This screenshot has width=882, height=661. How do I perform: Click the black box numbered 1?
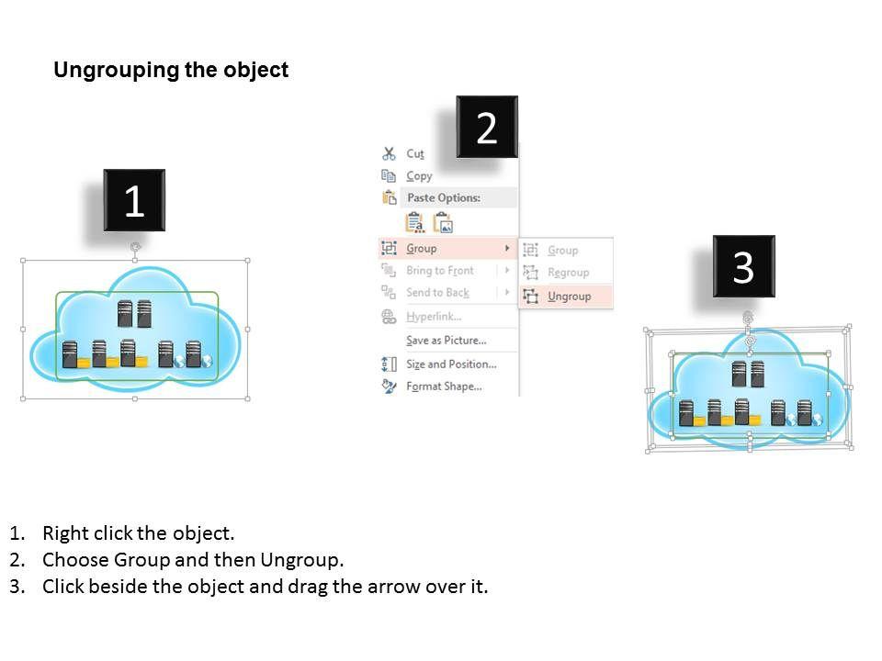pos(133,200)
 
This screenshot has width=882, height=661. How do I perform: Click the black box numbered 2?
pos(487,128)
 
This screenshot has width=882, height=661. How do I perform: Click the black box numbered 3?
pos(743,266)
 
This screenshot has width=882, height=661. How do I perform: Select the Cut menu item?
pos(415,154)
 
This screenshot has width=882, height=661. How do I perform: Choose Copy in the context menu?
pos(419,176)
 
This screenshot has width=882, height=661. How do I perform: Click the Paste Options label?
pos(443,197)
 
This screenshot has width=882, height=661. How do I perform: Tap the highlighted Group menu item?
pos(422,248)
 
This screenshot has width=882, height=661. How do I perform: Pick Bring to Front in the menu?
pos(440,271)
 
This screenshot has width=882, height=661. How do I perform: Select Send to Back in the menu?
pos(437,293)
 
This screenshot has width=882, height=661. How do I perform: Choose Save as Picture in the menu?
pos(446,341)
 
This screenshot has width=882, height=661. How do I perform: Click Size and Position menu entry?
pos(450,364)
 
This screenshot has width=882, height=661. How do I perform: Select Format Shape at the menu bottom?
pos(444,387)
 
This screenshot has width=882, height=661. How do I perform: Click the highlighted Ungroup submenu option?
pos(569,296)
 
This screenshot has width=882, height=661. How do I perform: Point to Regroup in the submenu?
pos(568,273)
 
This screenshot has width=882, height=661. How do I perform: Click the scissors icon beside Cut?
pos(389,154)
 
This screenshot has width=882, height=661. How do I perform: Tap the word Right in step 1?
pos(64,533)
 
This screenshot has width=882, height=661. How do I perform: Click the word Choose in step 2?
pos(76,560)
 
